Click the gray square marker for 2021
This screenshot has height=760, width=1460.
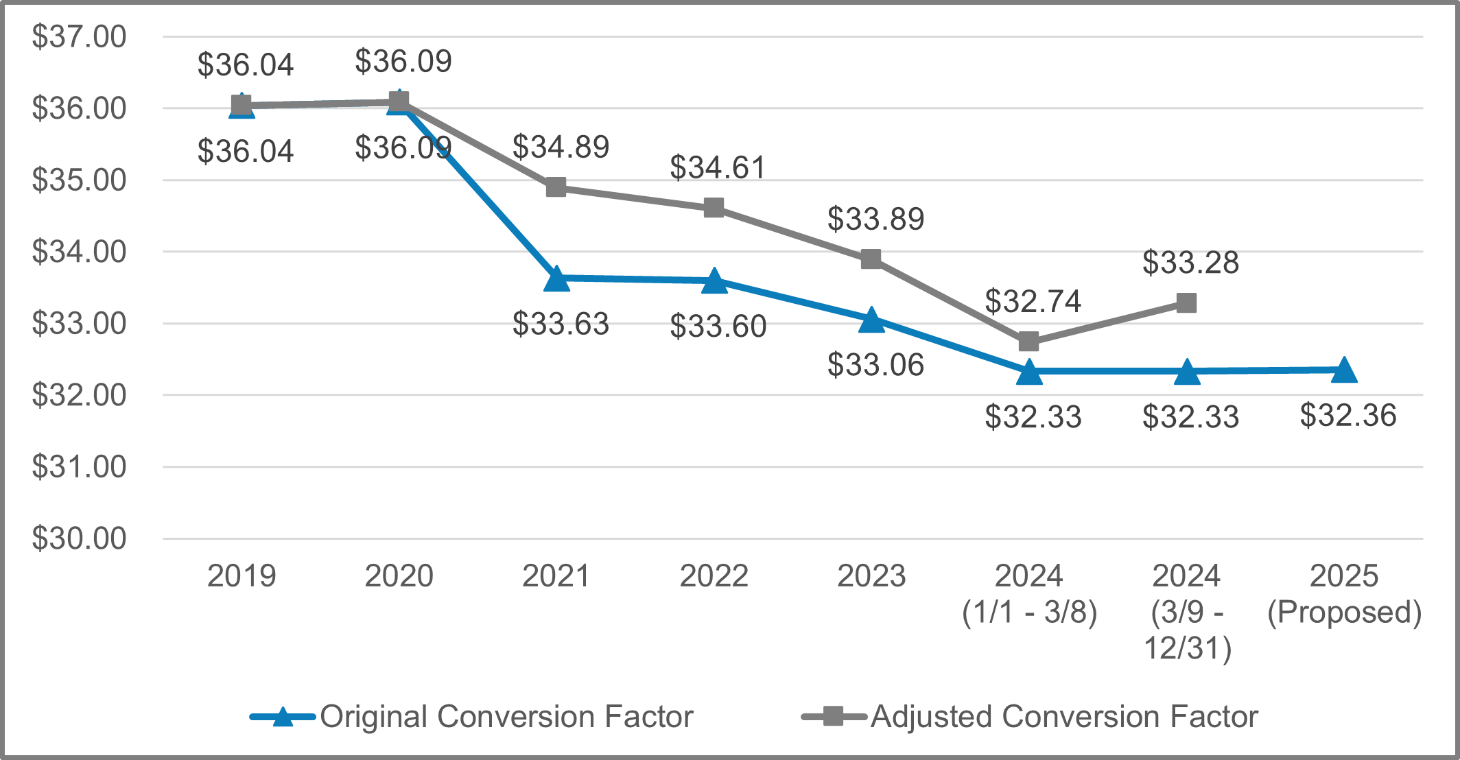[556, 187]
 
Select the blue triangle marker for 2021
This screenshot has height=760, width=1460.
[556, 279]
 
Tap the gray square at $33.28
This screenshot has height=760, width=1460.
[1186, 302]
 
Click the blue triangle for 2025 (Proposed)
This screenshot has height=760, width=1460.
[1343, 370]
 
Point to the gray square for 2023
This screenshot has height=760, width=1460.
[871, 259]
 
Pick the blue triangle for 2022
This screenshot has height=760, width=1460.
[714, 281]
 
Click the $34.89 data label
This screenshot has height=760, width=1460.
[561, 147]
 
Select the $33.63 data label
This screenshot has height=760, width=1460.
[561, 324]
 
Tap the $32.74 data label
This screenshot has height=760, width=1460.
[1033, 301]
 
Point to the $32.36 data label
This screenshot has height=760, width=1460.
[1347, 415]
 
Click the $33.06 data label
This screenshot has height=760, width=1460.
[875, 364]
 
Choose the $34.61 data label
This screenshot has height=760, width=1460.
[718, 167]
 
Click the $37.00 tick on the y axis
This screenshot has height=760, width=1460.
[79, 37]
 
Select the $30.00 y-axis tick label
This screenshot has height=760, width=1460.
[79, 538]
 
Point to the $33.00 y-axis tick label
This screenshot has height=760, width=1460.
[79, 324]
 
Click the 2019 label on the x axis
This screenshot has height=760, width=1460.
[242, 575]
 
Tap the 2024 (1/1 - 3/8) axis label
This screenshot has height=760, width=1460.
[1029, 594]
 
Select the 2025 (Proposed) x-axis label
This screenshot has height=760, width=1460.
[1343, 594]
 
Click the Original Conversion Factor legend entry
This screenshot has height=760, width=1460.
[506, 717]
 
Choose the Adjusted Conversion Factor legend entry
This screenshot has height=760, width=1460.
[1063, 717]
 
